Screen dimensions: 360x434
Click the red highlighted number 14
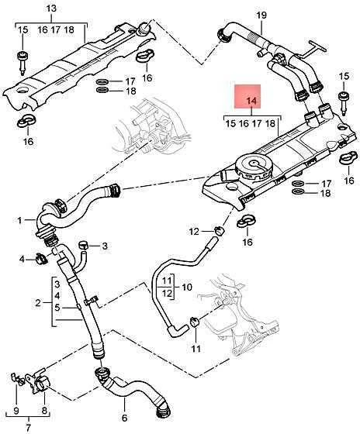tap(251, 102)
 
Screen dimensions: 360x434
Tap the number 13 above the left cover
tap(51, 8)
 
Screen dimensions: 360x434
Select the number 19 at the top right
tap(261, 15)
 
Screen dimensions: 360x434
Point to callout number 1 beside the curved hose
tap(19, 220)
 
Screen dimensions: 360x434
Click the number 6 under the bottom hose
tap(124, 418)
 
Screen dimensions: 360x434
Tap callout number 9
tap(16, 410)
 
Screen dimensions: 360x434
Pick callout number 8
tap(45, 410)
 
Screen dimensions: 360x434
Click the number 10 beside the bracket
tap(187, 287)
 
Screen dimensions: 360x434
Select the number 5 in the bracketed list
tap(57, 307)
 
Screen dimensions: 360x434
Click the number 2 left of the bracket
tap(38, 302)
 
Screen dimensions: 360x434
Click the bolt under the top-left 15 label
tap(22, 63)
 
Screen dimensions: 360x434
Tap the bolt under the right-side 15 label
tap(344, 104)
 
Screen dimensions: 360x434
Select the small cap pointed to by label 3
tap(84, 245)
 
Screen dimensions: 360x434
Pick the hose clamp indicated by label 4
tap(40, 258)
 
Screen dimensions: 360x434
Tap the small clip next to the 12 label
tap(219, 229)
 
